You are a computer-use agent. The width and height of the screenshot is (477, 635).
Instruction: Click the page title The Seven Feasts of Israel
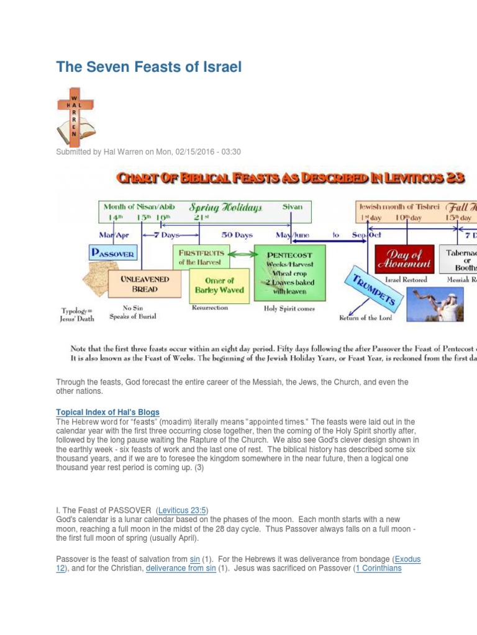coord(148,67)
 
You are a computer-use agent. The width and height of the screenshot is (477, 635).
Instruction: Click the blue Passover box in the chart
coord(113,253)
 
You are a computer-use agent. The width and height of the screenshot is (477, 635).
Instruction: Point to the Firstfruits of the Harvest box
coord(200,257)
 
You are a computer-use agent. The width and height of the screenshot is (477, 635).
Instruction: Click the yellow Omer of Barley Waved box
coord(220,285)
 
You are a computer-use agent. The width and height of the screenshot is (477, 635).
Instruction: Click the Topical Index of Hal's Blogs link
coord(108,412)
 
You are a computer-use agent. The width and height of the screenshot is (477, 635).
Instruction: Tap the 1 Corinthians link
coord(378,568)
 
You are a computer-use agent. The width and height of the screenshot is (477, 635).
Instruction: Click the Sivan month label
coord(293,206)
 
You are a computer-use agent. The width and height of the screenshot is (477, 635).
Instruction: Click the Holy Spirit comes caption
coord(289,308)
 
